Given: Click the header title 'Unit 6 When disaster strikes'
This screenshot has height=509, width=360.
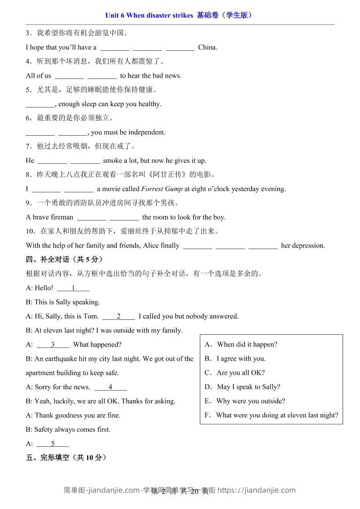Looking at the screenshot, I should click(x=149, y=15).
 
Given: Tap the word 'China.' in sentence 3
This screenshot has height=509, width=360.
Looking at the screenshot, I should click(x=207, y=47).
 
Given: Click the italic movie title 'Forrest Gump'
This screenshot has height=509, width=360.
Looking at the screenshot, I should click(x=162, y=189).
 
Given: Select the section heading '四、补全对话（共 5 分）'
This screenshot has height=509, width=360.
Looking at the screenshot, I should click(x=65, y=259).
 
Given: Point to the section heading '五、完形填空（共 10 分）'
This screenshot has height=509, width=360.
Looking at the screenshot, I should click(x=66, y=458).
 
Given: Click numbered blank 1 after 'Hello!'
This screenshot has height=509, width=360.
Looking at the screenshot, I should click(x=73, y=288).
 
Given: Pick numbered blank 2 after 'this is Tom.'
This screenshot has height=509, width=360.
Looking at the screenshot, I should click(x=118, y=316).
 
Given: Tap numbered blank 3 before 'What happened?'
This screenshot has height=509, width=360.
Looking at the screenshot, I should click(x=53, y=344).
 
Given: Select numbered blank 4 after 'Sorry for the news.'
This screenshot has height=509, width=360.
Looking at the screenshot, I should click(x=110, y=387).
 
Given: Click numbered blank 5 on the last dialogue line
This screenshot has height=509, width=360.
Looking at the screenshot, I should click(x=53, y=444).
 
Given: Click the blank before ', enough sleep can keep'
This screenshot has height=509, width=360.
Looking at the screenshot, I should click(x=40, y=104).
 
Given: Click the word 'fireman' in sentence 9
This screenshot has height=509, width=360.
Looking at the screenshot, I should click(x=61, y=217).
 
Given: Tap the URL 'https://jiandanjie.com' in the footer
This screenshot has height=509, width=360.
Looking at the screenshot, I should click(x=256, y=490).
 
